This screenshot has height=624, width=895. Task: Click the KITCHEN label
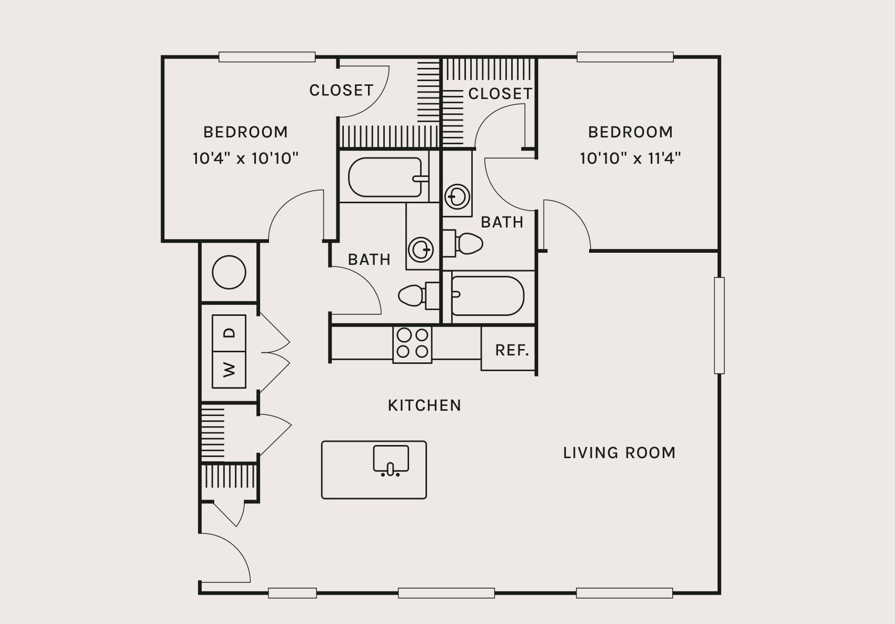pos(424,405)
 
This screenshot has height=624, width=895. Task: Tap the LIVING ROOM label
pos(619,453)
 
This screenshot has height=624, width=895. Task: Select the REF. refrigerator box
pos(508,348)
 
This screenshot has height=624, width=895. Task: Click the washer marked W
pos(229,370)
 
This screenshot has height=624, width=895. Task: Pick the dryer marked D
pos(229,333)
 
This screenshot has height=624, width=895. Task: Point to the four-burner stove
pos(412,344)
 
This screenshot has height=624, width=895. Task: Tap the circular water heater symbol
pos(229,272)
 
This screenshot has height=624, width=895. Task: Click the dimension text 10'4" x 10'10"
pos(245,159)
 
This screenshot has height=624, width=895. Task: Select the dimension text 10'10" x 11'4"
pos(630,159)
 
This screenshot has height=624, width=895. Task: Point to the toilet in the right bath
pos(463,243)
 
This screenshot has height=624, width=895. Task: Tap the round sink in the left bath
pos(421,250)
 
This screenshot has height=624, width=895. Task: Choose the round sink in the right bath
pos(458,196)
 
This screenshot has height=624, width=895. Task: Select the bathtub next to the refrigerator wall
pos(488,296)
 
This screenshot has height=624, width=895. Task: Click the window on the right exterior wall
pos(719,325)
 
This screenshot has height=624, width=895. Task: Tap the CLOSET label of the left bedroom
pos(342,91)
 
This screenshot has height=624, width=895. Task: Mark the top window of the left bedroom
pos(267,57)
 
